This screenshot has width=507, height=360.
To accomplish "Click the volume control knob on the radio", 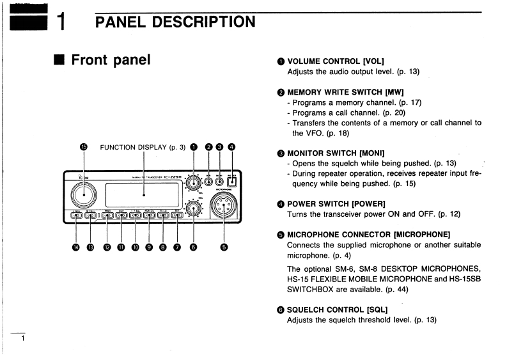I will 192,182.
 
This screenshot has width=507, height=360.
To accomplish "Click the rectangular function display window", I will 143,195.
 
